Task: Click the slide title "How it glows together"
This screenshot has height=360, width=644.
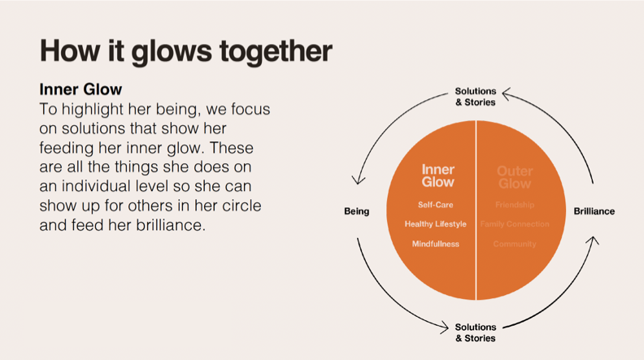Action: tap(185, 50)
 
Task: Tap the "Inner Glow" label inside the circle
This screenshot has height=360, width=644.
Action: tap(437, 176)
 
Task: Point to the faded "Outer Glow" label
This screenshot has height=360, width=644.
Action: tap(514, 176)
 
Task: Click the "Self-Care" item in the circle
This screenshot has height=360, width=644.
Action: tap(436, 205)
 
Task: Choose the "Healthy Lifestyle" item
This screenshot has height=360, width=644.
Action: tap(436, 224)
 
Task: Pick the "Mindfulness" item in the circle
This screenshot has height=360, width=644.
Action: tap(436, 244)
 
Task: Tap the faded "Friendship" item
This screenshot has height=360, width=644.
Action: tap(514, 205)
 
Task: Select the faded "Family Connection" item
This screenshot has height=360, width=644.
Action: tap(514, 224)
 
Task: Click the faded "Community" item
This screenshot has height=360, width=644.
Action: tap(514, 244)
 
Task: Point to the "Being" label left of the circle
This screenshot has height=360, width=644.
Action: tap(356, 211)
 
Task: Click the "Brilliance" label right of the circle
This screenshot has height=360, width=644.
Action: tap(594, 211)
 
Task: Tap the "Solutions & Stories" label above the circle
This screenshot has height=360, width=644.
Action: tap(475, 98)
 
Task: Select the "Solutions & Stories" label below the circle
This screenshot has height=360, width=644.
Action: tap(475, 332)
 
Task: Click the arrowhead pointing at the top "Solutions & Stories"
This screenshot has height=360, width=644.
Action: tap(507, 93)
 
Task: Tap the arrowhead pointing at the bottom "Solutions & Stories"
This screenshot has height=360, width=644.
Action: tap(444, 328)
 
